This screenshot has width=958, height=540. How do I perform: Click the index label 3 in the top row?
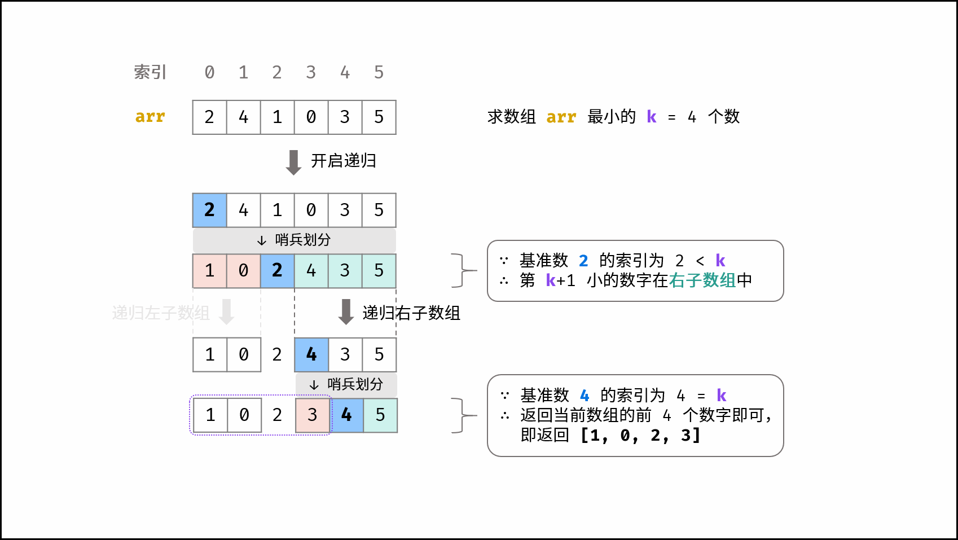click(x=311, y=72)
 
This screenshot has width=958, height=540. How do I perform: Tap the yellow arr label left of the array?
click(x=150, y=117)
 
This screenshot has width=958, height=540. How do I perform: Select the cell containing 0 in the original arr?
click(x=311, y=117)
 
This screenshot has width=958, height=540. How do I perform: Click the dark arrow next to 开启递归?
click(x=293, y=162)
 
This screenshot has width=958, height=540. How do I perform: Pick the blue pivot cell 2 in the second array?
click(x=209, y=210)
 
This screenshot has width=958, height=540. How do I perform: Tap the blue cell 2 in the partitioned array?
click(x=277, y=271)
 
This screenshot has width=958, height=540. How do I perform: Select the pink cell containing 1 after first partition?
click(x=209, y=271)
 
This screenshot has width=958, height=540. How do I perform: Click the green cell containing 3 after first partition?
click(x=345, y=271)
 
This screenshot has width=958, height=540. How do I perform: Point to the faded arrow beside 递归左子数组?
click(x=226, y=311)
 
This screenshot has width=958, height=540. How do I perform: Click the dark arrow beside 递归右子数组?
click(x=346, y=311)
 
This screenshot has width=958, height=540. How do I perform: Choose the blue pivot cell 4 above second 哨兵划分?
click(x=311, y=354)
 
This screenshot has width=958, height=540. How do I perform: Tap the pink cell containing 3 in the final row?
click(x=313, y=415)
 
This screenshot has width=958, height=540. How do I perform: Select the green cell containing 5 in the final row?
click(x=380, y=415)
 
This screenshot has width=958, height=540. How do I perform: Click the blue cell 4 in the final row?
click(x=346, y=415)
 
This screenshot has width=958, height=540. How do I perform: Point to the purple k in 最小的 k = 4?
click(x=652, y=117)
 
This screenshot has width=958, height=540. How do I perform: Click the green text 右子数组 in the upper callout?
click(x=702, y=280)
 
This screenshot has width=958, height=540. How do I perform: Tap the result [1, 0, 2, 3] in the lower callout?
click(x=640, y=435)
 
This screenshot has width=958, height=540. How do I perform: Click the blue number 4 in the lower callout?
click(x=585, y=396)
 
